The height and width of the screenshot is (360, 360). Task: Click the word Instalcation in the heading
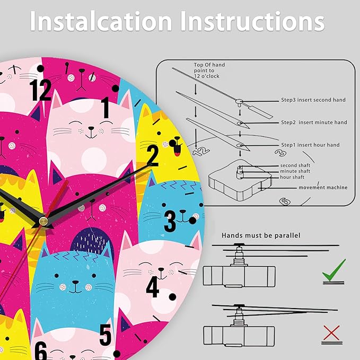[101, 21]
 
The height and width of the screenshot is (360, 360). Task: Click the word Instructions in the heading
[252, 21]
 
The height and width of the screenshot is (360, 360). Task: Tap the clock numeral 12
[41, 90]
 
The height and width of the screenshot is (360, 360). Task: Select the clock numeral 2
[153, 155]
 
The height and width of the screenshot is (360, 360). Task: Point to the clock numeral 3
[170, 221]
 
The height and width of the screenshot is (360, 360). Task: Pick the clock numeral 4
[153, 286]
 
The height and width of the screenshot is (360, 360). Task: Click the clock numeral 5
[106, 335]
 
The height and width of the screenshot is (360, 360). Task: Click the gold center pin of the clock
[43, 221]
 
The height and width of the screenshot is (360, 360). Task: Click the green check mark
[334, 270]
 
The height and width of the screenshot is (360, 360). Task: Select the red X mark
[331, 332]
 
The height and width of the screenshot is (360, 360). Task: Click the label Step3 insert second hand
[313, 100]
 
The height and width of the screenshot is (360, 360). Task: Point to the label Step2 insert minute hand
[314, 122]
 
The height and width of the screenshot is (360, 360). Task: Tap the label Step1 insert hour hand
[310, 145]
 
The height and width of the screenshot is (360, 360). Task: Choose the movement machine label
[323, 188]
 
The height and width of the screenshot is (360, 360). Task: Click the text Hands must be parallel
[261, 235]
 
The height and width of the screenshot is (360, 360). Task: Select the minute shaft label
[295, 171]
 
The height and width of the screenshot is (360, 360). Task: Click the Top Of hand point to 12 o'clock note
[209, 71]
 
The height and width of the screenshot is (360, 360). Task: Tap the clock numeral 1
[106, 108]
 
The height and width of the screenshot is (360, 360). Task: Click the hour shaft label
[292, 177]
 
